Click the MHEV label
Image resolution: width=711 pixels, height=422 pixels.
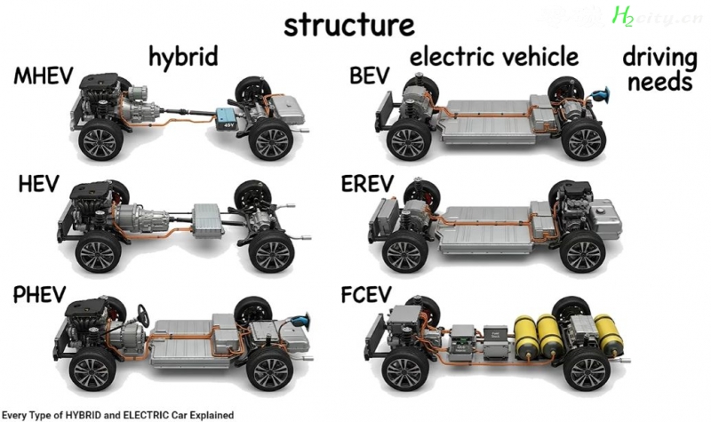(44, 76)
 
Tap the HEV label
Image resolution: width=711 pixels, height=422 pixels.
(39, 184)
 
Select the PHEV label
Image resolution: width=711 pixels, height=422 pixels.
(40, 295)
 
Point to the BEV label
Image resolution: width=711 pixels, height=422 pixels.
(370, 76)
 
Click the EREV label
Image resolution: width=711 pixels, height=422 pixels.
(367, 184)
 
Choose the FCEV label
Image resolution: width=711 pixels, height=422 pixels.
(366, 295)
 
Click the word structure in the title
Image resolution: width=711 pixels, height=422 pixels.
(349, 26)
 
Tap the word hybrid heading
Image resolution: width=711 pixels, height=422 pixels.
(184, 58)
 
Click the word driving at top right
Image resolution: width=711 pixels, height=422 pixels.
(659, 59)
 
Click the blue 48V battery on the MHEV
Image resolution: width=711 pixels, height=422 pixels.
(226, 119)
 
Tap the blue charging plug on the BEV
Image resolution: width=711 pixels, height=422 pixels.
(600, 95)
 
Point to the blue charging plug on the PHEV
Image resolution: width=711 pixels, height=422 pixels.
(300, 319)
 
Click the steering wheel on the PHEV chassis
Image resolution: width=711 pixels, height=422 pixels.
(144, 315)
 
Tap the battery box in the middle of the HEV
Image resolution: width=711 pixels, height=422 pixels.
(207, 220)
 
